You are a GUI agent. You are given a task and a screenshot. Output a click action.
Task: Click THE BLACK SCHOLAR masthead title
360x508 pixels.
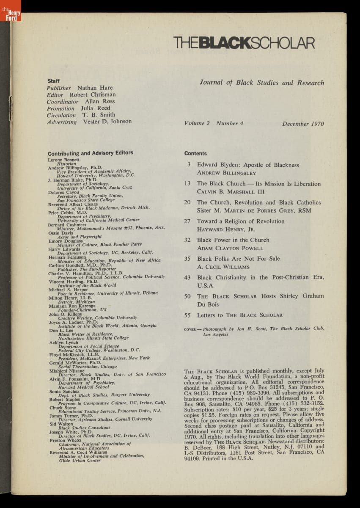click(244, 43)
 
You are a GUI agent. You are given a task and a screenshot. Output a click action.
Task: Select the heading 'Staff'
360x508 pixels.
click(54, 81)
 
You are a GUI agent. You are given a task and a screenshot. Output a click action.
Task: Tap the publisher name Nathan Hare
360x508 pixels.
click(95, 88)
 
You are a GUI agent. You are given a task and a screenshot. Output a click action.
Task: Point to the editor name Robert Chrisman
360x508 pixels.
click(93, 95)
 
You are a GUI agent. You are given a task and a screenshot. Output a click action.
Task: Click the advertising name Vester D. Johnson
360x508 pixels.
click(107, 121)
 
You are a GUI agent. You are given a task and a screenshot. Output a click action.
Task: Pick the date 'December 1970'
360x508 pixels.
click(303, 124)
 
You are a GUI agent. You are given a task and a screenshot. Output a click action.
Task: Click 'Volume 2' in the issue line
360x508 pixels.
click(197, 124)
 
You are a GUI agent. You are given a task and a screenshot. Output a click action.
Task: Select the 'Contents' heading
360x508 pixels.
click(195, 154)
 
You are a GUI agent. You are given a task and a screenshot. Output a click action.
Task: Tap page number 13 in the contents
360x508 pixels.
click(187, 184)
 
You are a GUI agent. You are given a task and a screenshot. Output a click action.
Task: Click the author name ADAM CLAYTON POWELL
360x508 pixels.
click(230, 248)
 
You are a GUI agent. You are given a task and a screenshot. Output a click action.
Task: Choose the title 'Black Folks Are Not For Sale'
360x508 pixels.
click(238, 259)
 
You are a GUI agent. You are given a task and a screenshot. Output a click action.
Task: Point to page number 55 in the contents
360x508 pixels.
click(187, 315)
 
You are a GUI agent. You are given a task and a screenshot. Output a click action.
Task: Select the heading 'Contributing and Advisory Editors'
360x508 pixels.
click(90, 153)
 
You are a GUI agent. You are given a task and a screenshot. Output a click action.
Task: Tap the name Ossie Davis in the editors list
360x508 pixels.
click(59, 233)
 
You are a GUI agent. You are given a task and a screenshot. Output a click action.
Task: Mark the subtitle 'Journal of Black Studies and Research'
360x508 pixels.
click(262, 83)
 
